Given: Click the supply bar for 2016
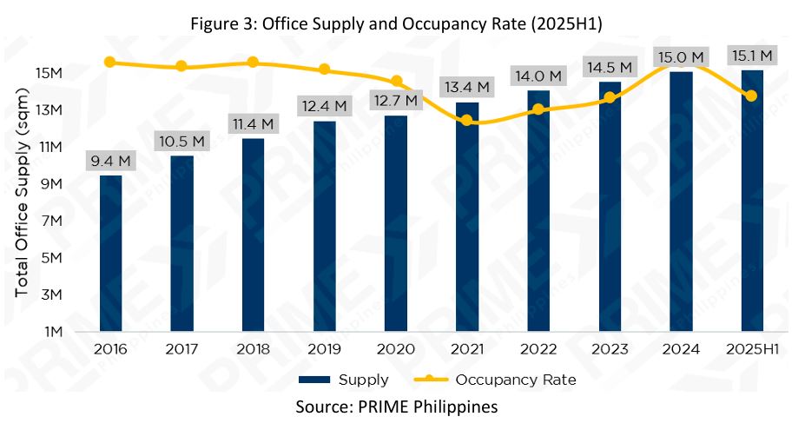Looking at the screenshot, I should tap(111, 253).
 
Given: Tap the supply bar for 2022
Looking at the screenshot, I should tap(538, 211).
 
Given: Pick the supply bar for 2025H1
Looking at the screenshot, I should tap(752, 201).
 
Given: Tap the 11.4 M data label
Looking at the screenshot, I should tap(254, 124).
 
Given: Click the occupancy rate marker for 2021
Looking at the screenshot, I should tap(467, 120).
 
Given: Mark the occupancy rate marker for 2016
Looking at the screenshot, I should tap(110, 62).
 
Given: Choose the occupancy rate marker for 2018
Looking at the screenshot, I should tap(253, 62).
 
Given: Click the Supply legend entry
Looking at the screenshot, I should tap(343, 380).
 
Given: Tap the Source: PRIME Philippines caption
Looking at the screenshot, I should tap(397, 407).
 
